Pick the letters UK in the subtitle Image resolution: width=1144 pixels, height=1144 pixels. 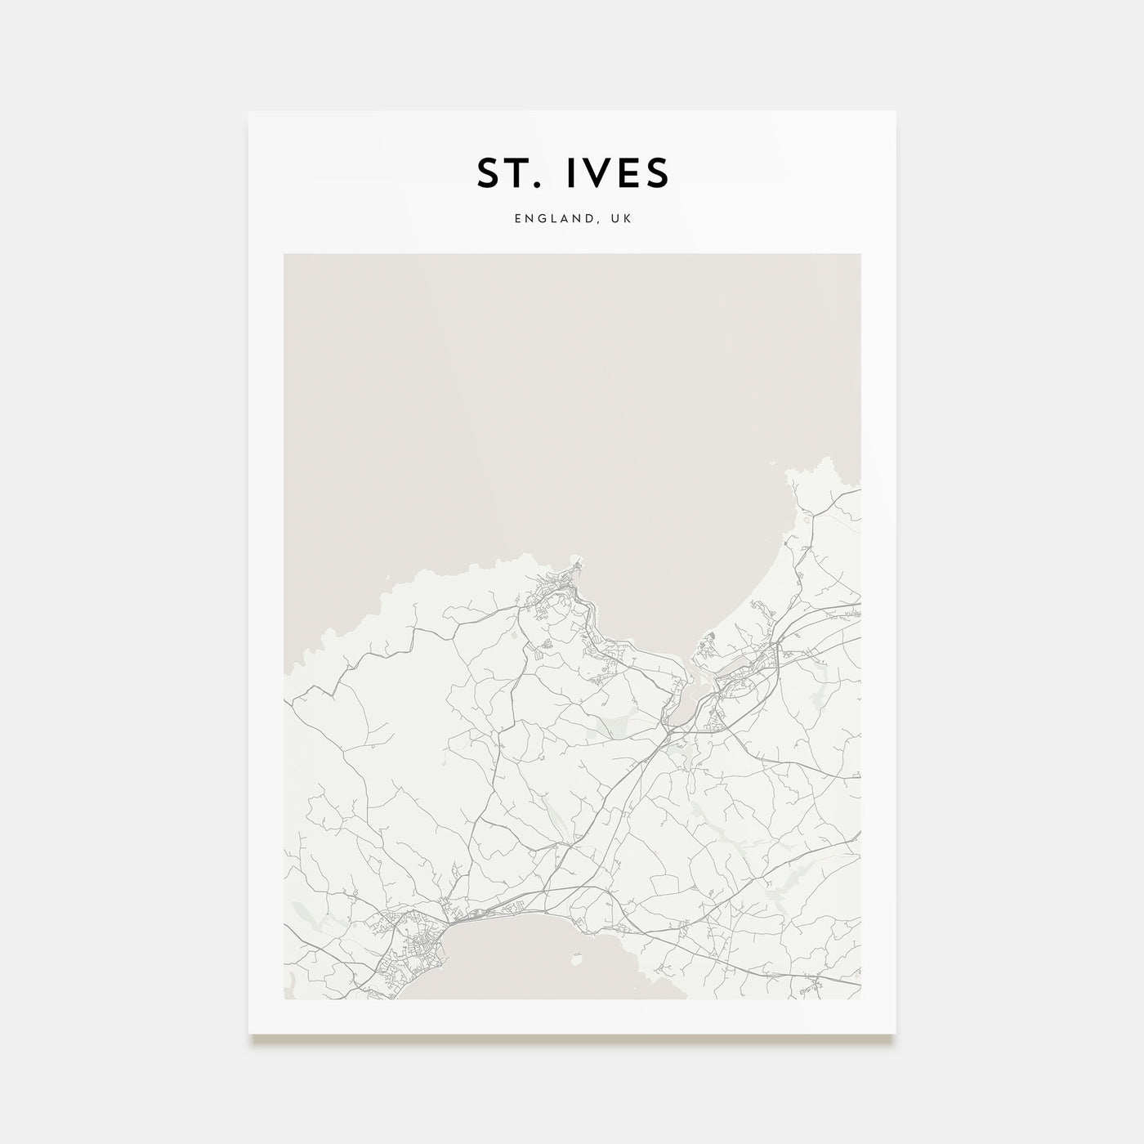click(x=621, y=219)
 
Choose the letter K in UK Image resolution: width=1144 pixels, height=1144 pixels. click(x=628, y=219)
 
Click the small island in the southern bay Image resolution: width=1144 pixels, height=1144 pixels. click(x=579, y=954)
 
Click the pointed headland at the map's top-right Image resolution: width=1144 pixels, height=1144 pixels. click(x=791, y=474)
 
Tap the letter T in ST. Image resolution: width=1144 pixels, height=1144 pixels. click(x=520, y=172)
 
